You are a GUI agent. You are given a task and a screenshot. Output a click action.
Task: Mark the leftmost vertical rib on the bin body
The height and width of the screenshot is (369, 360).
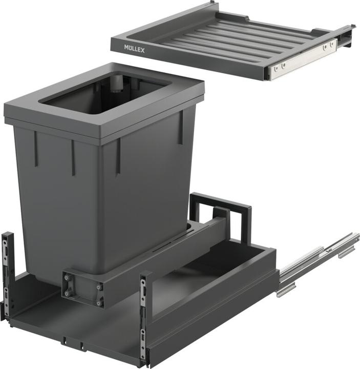coord(36,149)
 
